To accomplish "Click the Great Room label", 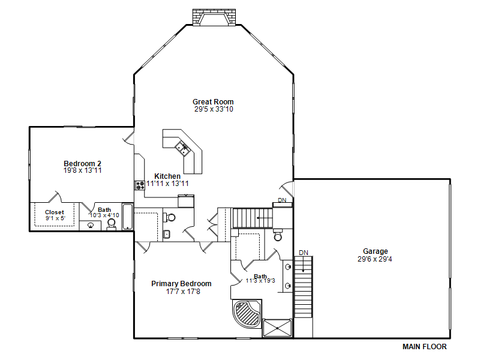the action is tap(213, 101).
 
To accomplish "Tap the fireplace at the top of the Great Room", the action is tap(214, 17).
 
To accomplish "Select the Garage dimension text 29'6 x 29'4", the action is tap(374, 259).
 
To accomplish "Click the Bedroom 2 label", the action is tap(82, 163).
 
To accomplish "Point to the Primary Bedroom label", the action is tap(181, 284).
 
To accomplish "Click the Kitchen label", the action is tap(167, 176).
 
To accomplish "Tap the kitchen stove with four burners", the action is tap(140, 185).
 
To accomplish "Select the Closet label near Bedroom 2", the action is tap(55, 212).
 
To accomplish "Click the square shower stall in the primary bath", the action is tap(277, 328).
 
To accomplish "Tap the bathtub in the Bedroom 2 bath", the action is tap(128, 217).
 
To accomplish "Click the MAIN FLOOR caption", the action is tap(424, 347).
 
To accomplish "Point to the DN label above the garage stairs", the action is tap(304, 253).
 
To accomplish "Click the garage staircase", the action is tap(304, 287).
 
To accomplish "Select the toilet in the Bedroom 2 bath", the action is tap(112, 224).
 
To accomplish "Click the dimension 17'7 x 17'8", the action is tap(183, 292).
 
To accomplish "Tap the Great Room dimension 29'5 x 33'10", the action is tap(214, 109).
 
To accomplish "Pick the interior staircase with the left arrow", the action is tap(253, 218).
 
